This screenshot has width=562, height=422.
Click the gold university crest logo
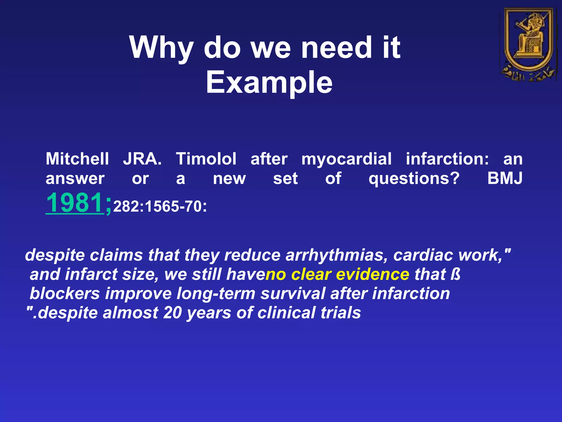point(529,44)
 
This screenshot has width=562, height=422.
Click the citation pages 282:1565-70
point(160,207)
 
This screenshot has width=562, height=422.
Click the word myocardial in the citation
point(347,159)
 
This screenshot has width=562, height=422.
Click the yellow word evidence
point(372,274)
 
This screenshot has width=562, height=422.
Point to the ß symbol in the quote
point(456,274)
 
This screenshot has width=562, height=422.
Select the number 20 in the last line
point(172,313)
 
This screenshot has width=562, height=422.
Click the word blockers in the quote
point(65,293)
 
